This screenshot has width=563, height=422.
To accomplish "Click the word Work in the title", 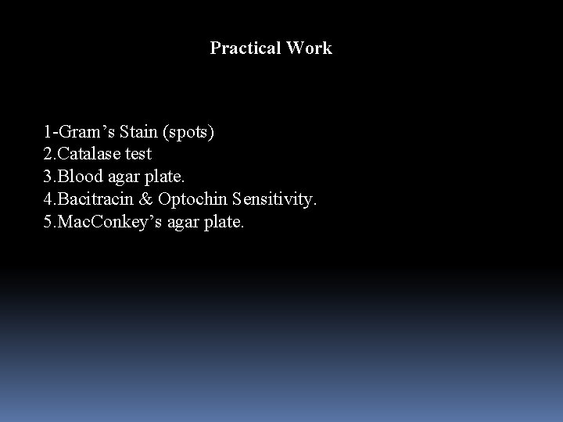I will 309,48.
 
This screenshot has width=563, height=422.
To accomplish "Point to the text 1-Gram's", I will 76,131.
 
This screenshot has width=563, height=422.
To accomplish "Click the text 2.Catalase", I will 83,154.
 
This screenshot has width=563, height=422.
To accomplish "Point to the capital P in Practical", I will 216,48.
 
